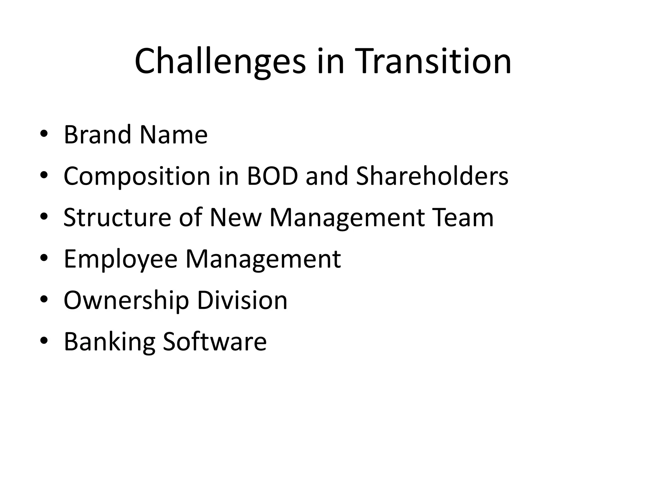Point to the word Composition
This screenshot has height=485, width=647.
137,176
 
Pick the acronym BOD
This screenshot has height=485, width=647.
272,176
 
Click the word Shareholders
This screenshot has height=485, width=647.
432,176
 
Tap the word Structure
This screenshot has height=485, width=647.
117,218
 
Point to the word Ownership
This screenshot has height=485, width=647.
126,300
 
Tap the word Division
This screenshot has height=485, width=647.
242,300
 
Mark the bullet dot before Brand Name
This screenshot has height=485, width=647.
44,134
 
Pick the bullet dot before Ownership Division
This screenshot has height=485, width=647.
44,299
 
